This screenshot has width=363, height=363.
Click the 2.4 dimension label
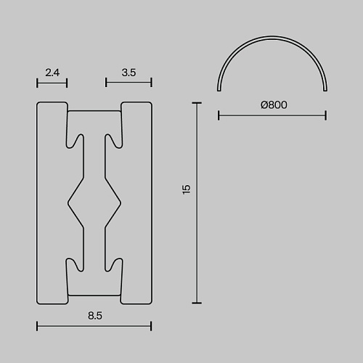coord(52,73)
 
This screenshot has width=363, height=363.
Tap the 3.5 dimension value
coord(129,73)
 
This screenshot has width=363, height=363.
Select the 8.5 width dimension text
coord(95,316)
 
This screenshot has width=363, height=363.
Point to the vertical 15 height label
coord(187,189)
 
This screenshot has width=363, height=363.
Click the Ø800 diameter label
coord(274,105)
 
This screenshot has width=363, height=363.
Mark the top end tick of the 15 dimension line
coord(197,103)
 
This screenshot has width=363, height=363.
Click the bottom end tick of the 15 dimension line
coord(197,303)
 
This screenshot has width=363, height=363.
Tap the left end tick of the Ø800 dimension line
coord(219,115)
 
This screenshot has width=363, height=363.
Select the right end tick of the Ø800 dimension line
coord(326,115)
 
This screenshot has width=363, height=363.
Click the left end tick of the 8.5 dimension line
coord(37,326)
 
